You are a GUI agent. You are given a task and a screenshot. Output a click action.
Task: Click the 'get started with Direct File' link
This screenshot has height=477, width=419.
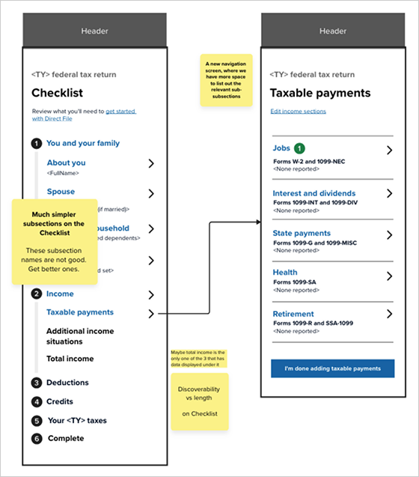tap(120, 111)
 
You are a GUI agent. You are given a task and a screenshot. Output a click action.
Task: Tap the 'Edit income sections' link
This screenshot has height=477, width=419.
tap(298, 112)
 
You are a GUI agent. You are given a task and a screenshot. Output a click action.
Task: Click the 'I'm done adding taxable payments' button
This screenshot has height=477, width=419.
tap(332, 368)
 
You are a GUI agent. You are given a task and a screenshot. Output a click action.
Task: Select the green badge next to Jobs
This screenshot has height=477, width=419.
tap(300, 148)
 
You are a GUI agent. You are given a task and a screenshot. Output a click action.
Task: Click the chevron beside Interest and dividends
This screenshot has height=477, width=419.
tap(389, 193)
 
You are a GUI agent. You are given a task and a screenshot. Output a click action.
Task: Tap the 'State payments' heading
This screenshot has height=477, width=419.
tap(301, 233)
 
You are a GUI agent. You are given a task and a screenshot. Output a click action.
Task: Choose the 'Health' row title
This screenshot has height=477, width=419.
tap(285, 273)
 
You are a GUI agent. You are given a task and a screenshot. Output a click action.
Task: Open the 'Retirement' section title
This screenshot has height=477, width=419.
tap(293, 314)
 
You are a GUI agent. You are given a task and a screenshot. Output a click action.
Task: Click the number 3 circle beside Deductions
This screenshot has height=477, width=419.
tap(36, 383)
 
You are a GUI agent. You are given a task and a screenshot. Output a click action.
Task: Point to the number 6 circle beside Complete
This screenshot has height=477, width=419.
tap(36, 438)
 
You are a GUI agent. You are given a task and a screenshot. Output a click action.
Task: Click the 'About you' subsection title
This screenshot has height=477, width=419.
tap(66, 162)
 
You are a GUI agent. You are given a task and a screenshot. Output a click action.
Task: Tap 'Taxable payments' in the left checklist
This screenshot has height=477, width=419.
tap(79, 312)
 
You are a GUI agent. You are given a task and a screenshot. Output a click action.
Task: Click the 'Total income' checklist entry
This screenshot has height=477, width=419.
tap(70, 359)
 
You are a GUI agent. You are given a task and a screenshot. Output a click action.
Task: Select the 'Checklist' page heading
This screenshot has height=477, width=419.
tap(57, 93)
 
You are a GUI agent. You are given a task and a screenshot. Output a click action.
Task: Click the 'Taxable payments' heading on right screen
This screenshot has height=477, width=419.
tap(319, 93)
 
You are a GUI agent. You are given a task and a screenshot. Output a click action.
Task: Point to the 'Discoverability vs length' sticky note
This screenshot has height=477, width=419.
tap(200, 401)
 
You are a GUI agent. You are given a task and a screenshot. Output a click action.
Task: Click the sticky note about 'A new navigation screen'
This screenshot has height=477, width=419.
tap(225, 80)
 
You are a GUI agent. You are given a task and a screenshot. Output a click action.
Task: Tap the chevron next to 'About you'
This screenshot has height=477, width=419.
tap(151, 163)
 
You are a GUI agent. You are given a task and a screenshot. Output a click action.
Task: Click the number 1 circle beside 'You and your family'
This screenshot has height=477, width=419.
tap(36, 143)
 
